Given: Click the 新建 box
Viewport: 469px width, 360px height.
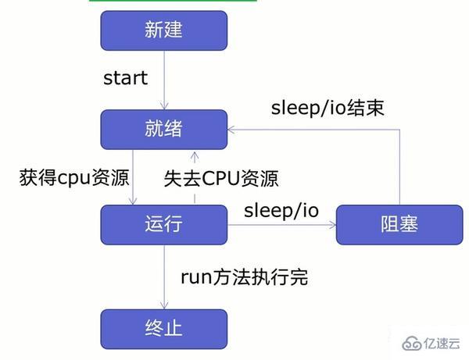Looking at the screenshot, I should (163, 30).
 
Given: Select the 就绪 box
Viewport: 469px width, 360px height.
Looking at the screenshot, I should (163, 129).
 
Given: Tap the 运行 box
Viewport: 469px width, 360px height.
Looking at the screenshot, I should (163, 225).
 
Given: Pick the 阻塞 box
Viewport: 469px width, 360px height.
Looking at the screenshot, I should (399, 225).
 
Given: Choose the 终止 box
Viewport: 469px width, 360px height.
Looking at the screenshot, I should (163, 328).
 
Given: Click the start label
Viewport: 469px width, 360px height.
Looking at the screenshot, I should (125, 79).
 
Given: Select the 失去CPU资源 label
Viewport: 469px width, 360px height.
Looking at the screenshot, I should (222, 178).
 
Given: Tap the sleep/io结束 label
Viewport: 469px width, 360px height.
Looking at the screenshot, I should (328, 107).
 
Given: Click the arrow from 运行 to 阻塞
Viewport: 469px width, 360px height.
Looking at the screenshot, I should (281, 226).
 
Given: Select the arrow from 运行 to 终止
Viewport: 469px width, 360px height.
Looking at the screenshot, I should (164, 276).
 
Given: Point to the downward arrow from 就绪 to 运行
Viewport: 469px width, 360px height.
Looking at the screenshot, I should (134, 177).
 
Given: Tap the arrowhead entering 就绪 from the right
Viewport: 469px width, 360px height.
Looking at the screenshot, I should (232, 129).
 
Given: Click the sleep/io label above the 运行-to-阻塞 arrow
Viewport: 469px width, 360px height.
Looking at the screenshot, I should (281, 210).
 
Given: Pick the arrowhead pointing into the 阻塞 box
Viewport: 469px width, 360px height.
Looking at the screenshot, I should (331, 226).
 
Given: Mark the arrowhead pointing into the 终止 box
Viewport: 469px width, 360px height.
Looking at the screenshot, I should (164, 305).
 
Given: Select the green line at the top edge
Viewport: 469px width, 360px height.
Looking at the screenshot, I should (173, 2).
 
